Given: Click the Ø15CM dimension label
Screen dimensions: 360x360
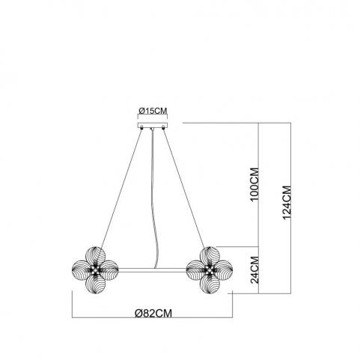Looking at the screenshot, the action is pyautogui.click(x=153, y=111).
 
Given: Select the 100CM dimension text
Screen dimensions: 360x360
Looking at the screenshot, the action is pyautogui.click(x=255, y=184).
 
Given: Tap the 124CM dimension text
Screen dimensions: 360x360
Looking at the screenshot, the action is pyautogui.click(x=287, y=203).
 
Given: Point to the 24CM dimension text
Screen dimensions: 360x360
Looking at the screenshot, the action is pyautogui.click(x=255, y=269).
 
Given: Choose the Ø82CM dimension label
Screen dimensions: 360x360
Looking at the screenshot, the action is pyautogui.click(x=153, y=313).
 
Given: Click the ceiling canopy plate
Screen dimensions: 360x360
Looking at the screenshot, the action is pyautogui.click(x=153, y=125).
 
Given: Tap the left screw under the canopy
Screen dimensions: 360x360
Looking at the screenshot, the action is pyautogui.click(x=141, y=128).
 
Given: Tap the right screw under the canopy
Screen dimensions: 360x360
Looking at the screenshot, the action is pyautogui.click(x=163, y=128).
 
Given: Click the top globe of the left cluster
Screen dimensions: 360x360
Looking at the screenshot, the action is pyautogui.click(x=95, y=255).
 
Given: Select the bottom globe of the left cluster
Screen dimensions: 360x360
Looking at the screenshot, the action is pyautogui.click(x=95, y=284).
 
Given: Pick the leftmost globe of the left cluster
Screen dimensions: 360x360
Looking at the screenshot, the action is pyautogui.click(x=81, y=269).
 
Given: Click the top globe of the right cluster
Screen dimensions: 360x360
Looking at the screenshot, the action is pyautogui.click(x=210, y=255).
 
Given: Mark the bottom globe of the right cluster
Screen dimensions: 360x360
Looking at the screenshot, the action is pyautogui.click(x=210, y=284).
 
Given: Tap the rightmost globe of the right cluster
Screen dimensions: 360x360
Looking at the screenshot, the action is pyautogui.click(x=224, y=269).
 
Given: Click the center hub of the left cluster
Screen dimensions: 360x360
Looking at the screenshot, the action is pyautogui.click(x=95, y=269).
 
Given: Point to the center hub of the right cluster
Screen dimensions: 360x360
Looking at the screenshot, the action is pyautogui.click(x=210, y=269).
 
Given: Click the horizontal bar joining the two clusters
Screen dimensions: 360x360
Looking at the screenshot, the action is pyautogui.click(x=153, y=270).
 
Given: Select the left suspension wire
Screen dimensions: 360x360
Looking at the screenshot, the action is pyautogui.click(x=121, y=188).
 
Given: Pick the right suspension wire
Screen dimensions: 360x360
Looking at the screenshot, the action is pyautogui.click(x=184, y=188).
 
